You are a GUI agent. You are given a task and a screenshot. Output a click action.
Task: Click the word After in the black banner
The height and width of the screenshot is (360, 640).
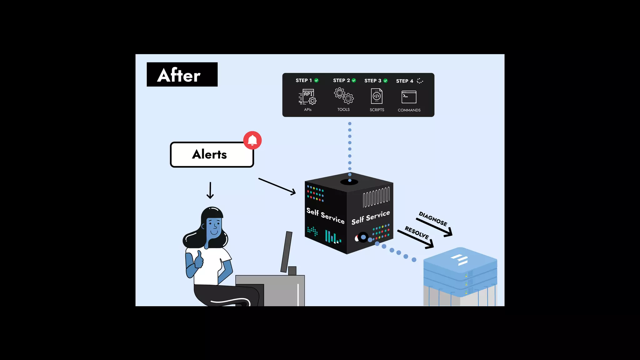(x=179, y=75)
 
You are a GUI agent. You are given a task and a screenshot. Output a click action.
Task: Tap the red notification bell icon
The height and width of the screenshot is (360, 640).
(x=252, y=140)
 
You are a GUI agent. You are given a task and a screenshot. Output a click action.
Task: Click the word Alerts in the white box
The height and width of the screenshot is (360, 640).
(x=209, y=154)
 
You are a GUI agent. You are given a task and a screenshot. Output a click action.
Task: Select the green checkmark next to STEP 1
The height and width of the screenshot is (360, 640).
(x=317, y=80)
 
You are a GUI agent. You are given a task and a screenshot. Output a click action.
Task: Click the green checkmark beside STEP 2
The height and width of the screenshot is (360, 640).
(x=354, y=80)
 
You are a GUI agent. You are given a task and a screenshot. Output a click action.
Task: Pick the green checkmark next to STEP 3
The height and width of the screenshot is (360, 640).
(x=385, y=81)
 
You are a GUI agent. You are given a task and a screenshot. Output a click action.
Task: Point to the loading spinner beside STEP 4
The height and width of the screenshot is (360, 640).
(x=420, y=81)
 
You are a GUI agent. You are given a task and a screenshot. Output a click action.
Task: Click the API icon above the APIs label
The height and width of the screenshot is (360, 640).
(x=308, y=97)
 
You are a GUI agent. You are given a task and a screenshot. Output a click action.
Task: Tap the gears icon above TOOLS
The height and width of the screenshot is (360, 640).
(x=344, y=96)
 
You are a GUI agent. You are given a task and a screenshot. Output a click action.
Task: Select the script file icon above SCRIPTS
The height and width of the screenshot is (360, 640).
(x=377, y=96)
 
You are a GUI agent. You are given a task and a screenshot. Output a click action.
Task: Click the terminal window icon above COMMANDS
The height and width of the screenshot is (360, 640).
(x=409, y=97)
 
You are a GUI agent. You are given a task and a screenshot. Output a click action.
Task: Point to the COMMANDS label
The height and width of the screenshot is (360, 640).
(x=409, y=110)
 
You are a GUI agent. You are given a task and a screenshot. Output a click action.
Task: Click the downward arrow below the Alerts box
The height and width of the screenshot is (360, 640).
(x=210, y=191)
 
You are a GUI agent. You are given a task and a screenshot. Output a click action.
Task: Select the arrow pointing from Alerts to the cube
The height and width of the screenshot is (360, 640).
(x=277, y=186)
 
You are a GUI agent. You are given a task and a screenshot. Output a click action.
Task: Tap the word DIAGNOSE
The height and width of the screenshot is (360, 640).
(x=433, y=219)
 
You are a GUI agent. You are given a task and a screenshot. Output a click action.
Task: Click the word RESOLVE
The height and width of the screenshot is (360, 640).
(x=417, y=232)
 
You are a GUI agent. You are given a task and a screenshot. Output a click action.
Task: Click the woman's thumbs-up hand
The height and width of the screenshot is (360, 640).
(x=199, y=260)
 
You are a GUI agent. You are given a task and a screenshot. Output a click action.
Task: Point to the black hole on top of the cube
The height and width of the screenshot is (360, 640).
(x=349, y=182)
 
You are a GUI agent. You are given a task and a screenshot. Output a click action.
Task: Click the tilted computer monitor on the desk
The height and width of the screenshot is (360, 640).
(x=286, y=252)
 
